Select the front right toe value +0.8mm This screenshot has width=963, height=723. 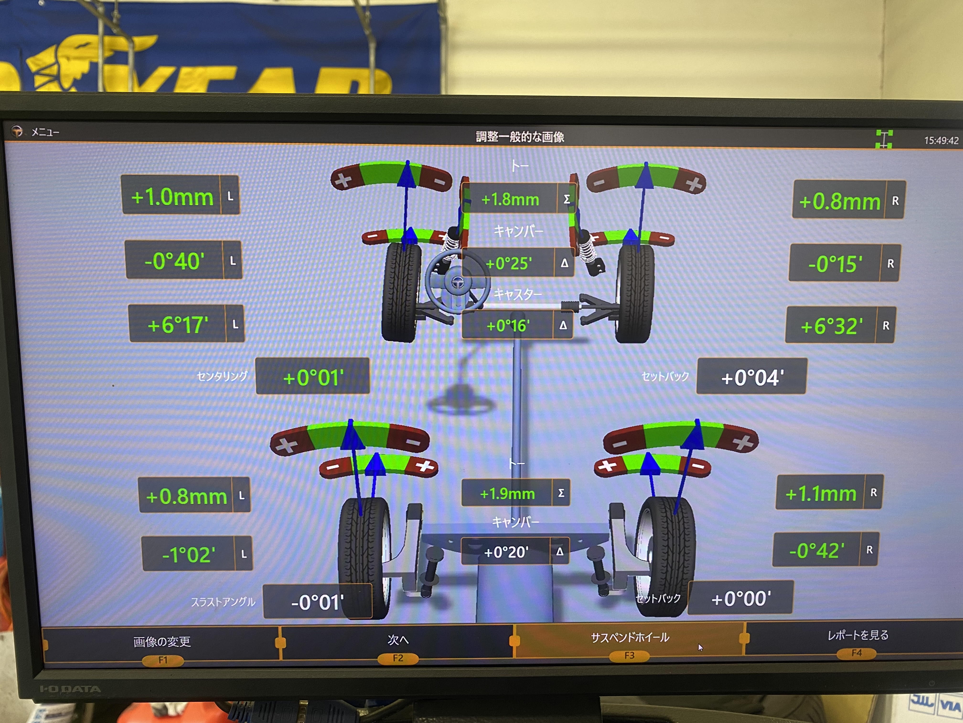(840, 201)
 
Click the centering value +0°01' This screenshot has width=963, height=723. (313, 378)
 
